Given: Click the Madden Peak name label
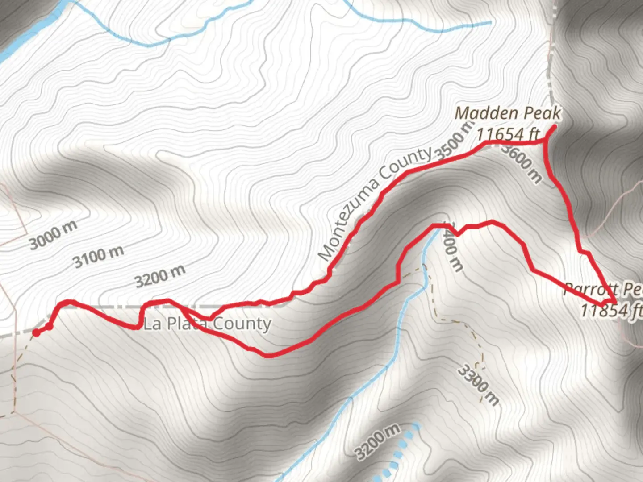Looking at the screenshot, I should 508,113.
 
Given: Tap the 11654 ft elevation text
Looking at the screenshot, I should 508,133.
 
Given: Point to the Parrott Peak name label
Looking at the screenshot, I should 603,289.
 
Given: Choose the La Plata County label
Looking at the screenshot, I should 207,324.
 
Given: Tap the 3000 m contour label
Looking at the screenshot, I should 53,235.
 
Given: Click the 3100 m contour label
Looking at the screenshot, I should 99,257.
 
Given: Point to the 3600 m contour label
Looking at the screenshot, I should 522,162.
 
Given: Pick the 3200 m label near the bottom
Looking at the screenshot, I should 378,441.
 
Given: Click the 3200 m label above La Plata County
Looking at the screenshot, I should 160,276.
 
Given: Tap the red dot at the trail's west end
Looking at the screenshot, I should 36,332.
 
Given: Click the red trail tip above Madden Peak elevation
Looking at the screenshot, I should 554,128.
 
